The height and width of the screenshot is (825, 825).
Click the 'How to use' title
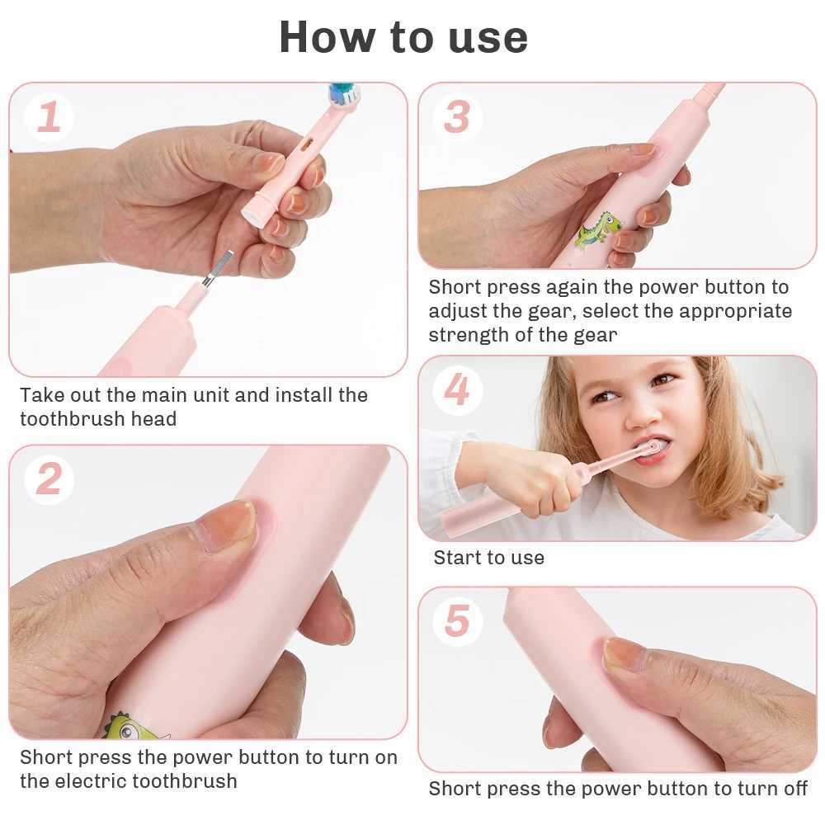point(403,37)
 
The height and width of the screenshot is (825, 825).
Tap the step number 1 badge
point(49,117)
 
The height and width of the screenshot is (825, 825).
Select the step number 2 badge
point(49,479)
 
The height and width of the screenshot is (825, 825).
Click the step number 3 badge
point(456,116)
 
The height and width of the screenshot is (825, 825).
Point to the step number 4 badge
point(456,389)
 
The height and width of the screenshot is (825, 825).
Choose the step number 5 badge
point(456,620)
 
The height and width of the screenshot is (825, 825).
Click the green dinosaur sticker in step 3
point(597,230)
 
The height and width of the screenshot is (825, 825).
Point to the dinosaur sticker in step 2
point(132,726)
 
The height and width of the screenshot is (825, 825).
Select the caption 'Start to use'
point(488,558)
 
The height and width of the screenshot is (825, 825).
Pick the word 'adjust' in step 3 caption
point(457,311)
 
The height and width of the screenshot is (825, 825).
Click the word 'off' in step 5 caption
point(794,789)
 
